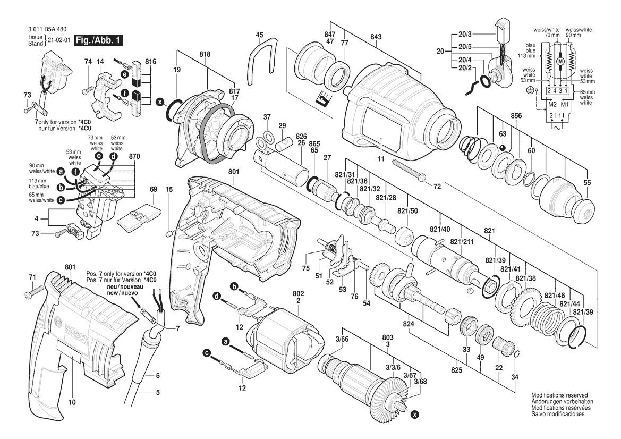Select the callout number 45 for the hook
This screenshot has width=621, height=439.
[x=259, y=36]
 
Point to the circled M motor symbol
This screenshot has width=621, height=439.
[x=559, y=62]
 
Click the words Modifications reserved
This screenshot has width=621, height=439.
[x=559, y=396]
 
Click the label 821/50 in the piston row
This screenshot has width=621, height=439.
[x=407, y=211]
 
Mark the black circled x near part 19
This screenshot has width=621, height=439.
[x=159, y=101]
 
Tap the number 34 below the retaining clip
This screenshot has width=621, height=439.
[x=513, y=377]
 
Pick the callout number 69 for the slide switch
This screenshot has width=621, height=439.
[x=154, y=189]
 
